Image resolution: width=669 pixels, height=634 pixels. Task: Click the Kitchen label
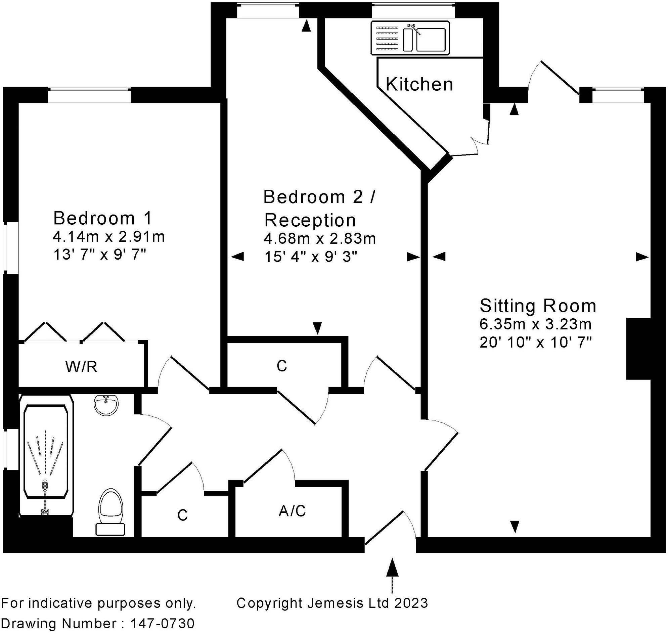(x=419, y=84)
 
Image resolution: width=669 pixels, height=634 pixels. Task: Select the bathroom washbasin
(x=106, y=405)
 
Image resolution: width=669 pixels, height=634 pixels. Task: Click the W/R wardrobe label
(x=82, y=367)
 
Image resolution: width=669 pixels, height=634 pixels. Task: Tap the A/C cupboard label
(x=292, y=511)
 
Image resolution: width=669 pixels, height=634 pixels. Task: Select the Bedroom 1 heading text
(x=103, y=218)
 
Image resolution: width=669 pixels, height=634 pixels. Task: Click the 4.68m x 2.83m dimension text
(x=319, y=239)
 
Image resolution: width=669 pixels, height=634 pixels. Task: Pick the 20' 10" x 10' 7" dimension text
(x=535, y=343)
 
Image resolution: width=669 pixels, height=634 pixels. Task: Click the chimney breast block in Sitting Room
(x=638, y=349)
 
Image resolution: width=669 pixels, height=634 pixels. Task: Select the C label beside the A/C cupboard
(x=182, y=515)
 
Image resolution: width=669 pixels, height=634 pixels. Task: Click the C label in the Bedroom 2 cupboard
(x=281, y=366)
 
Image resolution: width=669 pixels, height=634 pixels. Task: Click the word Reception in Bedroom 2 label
(x=310, y=220)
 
